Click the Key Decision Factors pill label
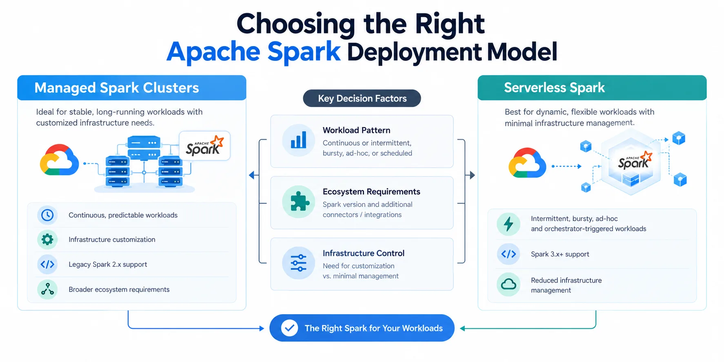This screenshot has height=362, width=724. click(x=362, y=98)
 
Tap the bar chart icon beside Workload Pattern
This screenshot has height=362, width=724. click(x=298, y=140)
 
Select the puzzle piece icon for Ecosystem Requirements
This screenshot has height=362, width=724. click(x=298, y=202)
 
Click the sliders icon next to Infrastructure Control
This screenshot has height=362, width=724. click(x=298, y=263)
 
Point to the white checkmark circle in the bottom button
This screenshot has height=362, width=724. click(x=289, y=328)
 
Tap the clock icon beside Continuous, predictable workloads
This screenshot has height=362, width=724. click(x=47, y=215)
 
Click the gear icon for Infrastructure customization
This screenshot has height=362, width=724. click(x=47, y=240)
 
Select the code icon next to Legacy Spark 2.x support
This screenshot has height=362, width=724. click(x=47, y=264)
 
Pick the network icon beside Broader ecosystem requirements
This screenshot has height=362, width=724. click(x=47, y=289)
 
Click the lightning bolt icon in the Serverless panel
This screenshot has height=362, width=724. click(x=509, y=224)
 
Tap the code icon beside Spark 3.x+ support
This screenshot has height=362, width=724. click(x=509, y=254)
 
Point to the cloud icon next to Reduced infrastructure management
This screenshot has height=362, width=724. click(x=509, y=284)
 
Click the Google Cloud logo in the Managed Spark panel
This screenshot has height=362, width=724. click(x=60, y=160)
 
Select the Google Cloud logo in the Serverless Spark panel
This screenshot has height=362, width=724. click(x=527, y=163)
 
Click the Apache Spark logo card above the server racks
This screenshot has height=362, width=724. click(x=204, y=146)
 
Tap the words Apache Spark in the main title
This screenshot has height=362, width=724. click(x=253, y=52)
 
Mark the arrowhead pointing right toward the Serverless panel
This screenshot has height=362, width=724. click(x=472, y=175)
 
